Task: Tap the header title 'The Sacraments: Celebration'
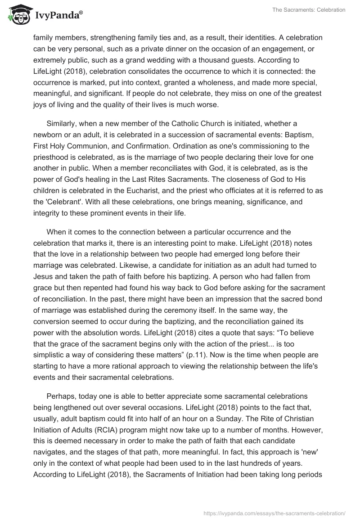click(x=309, y=10)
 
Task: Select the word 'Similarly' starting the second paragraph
click(x=62, y=123)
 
